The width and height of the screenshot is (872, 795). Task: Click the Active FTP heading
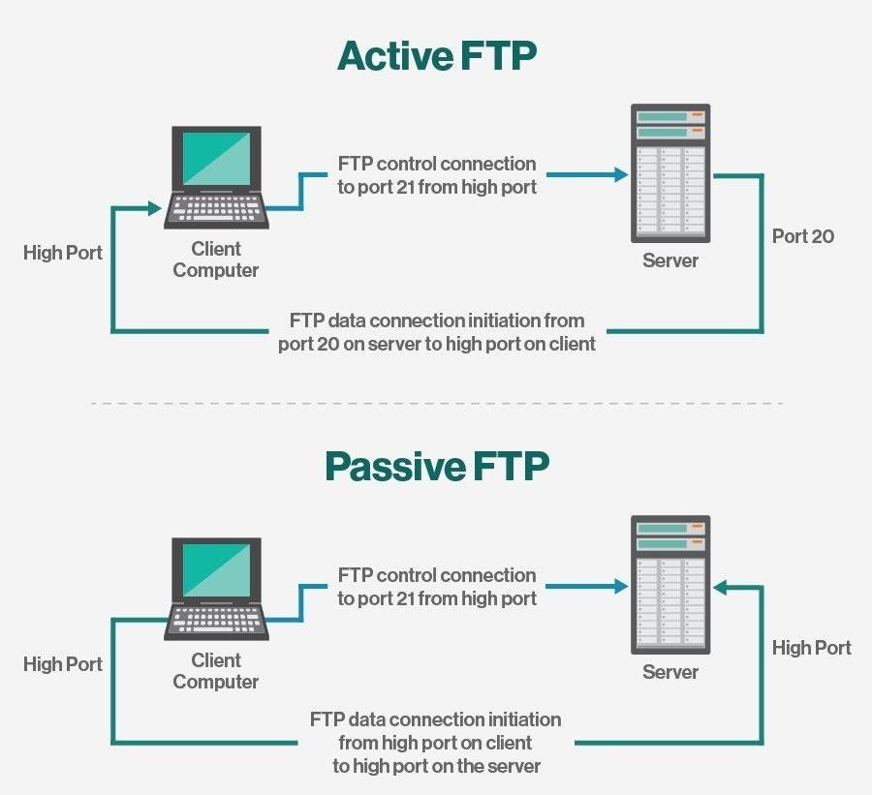click(x=436, y=56)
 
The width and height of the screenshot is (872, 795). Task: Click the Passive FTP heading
click(x=436, y=467)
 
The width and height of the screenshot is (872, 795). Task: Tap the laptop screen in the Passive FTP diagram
click(x=216, y=570)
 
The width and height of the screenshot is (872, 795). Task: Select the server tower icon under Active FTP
click(x=670, y=174)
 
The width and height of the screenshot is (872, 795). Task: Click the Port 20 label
click(x=803, y=236)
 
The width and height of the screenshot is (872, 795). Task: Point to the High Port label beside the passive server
click(x=811, y=648)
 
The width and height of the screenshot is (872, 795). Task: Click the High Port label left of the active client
click(x=63, y=253)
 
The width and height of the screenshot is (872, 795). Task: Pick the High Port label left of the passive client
click(x=63, y=664)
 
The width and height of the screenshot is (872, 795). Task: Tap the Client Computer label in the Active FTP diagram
click(x=216, y=260)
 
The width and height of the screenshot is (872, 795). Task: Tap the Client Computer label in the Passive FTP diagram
click(x=216, y=671)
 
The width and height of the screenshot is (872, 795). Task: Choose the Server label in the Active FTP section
click(x=670, y=260)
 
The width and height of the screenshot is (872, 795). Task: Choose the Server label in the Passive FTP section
click(x=670, y=671)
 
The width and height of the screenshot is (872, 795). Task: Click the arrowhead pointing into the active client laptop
click(x=153, y=207)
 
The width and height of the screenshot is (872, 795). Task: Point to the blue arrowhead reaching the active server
click(x=620, y=175)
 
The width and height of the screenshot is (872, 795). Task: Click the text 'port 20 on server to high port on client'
click(x=437, y=343)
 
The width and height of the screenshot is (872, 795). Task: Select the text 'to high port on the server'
click(x=437, y=766)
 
